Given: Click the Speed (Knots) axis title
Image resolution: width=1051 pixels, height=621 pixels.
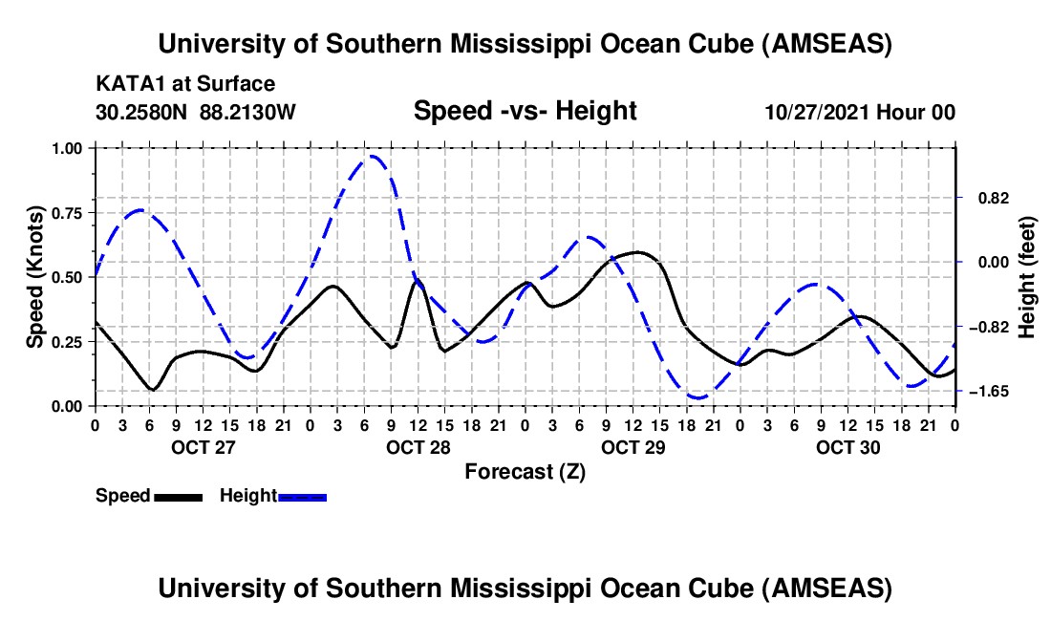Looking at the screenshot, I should (34, 277).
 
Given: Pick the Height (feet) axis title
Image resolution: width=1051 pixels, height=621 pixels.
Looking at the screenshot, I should (1027, 277).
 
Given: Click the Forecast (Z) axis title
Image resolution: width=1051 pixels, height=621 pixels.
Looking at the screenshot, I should (525, 471).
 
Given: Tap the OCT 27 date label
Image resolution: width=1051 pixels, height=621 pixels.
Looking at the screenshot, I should (201, 447).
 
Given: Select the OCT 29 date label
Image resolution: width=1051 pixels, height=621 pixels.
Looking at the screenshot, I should (632, 447).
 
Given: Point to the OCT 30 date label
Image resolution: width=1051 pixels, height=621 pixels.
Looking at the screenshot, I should (847, 447).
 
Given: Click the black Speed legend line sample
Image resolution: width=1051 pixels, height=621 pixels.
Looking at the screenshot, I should (178, 497).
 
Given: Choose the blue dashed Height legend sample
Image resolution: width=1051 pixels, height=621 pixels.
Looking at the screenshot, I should (302, 497).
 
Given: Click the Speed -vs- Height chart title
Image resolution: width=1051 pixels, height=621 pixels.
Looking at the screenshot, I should (525, 112).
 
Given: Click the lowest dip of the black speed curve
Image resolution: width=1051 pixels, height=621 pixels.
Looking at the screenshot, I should (152, 390).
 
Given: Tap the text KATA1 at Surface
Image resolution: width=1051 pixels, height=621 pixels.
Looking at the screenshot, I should (185, 85).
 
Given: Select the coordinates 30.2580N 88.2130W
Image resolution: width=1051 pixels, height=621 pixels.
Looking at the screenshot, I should (196, 112).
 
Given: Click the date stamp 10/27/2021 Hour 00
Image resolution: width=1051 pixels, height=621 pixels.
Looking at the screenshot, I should (860, 112).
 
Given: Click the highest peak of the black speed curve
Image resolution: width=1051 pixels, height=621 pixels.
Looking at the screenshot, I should (637, 252).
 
